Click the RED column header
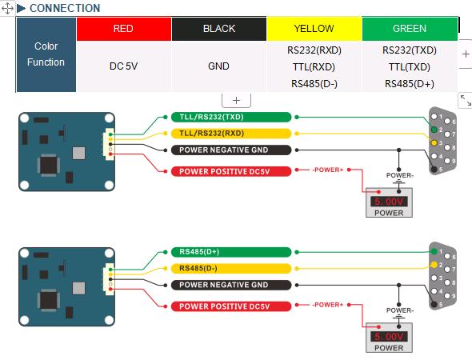pos(124,29)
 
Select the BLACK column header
pos(219,29)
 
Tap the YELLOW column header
pos(314,29)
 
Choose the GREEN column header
pos(410,29)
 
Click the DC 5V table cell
pos(124,66)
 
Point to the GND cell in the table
pos(219,66)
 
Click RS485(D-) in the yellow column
pos(314,84)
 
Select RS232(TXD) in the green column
pos(410,50)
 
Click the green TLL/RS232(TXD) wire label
pos(231,117)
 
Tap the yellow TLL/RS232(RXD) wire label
pos(231,134)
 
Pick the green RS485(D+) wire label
pos(231,252)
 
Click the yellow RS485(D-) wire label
pos(231,268)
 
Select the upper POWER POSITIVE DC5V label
pos(231,171)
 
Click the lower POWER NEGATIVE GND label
pos(231,285)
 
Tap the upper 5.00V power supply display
pos(389,202)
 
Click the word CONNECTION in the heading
pos(65,8)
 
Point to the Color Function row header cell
pos(46,54)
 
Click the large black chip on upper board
pos(49,166)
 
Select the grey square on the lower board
pos(78,288)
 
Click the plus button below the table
pos(236,100)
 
